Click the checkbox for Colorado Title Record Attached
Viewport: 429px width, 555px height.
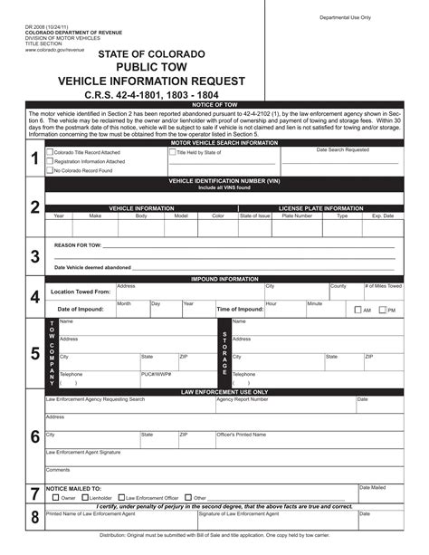point(51,153)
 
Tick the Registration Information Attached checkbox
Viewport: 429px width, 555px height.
point(51,161)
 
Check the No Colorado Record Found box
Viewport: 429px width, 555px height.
point(51,170)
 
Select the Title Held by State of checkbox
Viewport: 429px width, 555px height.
point(170,153)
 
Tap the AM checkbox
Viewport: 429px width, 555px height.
point(357,311)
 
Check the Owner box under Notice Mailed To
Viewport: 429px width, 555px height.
point(56,497)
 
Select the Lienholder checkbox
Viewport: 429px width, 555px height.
point(85,497)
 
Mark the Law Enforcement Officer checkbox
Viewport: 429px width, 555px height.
point(120,497)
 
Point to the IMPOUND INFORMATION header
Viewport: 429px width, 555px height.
point(224,279)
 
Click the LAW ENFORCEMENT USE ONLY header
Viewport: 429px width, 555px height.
point(224,392)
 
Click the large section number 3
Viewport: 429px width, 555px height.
point(34,256)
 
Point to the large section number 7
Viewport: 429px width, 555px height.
point(34,494)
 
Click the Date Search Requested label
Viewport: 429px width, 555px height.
point(342,149)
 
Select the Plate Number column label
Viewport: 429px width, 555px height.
point(297,215)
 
